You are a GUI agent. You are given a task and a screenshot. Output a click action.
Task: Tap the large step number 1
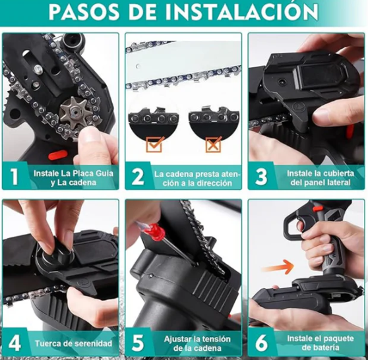tap(15, 176)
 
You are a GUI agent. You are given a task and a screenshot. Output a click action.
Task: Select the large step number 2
tap(138, 176)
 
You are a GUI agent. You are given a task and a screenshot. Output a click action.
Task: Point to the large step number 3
tap(261, 176)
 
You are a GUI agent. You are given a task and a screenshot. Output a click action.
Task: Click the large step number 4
tap(15, 343)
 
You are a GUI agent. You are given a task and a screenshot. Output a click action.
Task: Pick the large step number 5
tap(138, 343)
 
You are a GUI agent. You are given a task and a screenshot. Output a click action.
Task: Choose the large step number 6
tap(261, 343)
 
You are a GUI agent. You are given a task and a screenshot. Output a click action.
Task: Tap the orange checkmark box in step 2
tap(154, 144)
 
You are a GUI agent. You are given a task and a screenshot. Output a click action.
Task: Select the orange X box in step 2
tap(213, 144)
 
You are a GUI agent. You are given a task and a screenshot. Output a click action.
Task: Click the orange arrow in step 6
tap(278, 267)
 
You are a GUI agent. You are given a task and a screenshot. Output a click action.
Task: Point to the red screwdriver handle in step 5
tap(152, 231)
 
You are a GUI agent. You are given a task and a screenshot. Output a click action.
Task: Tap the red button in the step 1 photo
tap(58, 155)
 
